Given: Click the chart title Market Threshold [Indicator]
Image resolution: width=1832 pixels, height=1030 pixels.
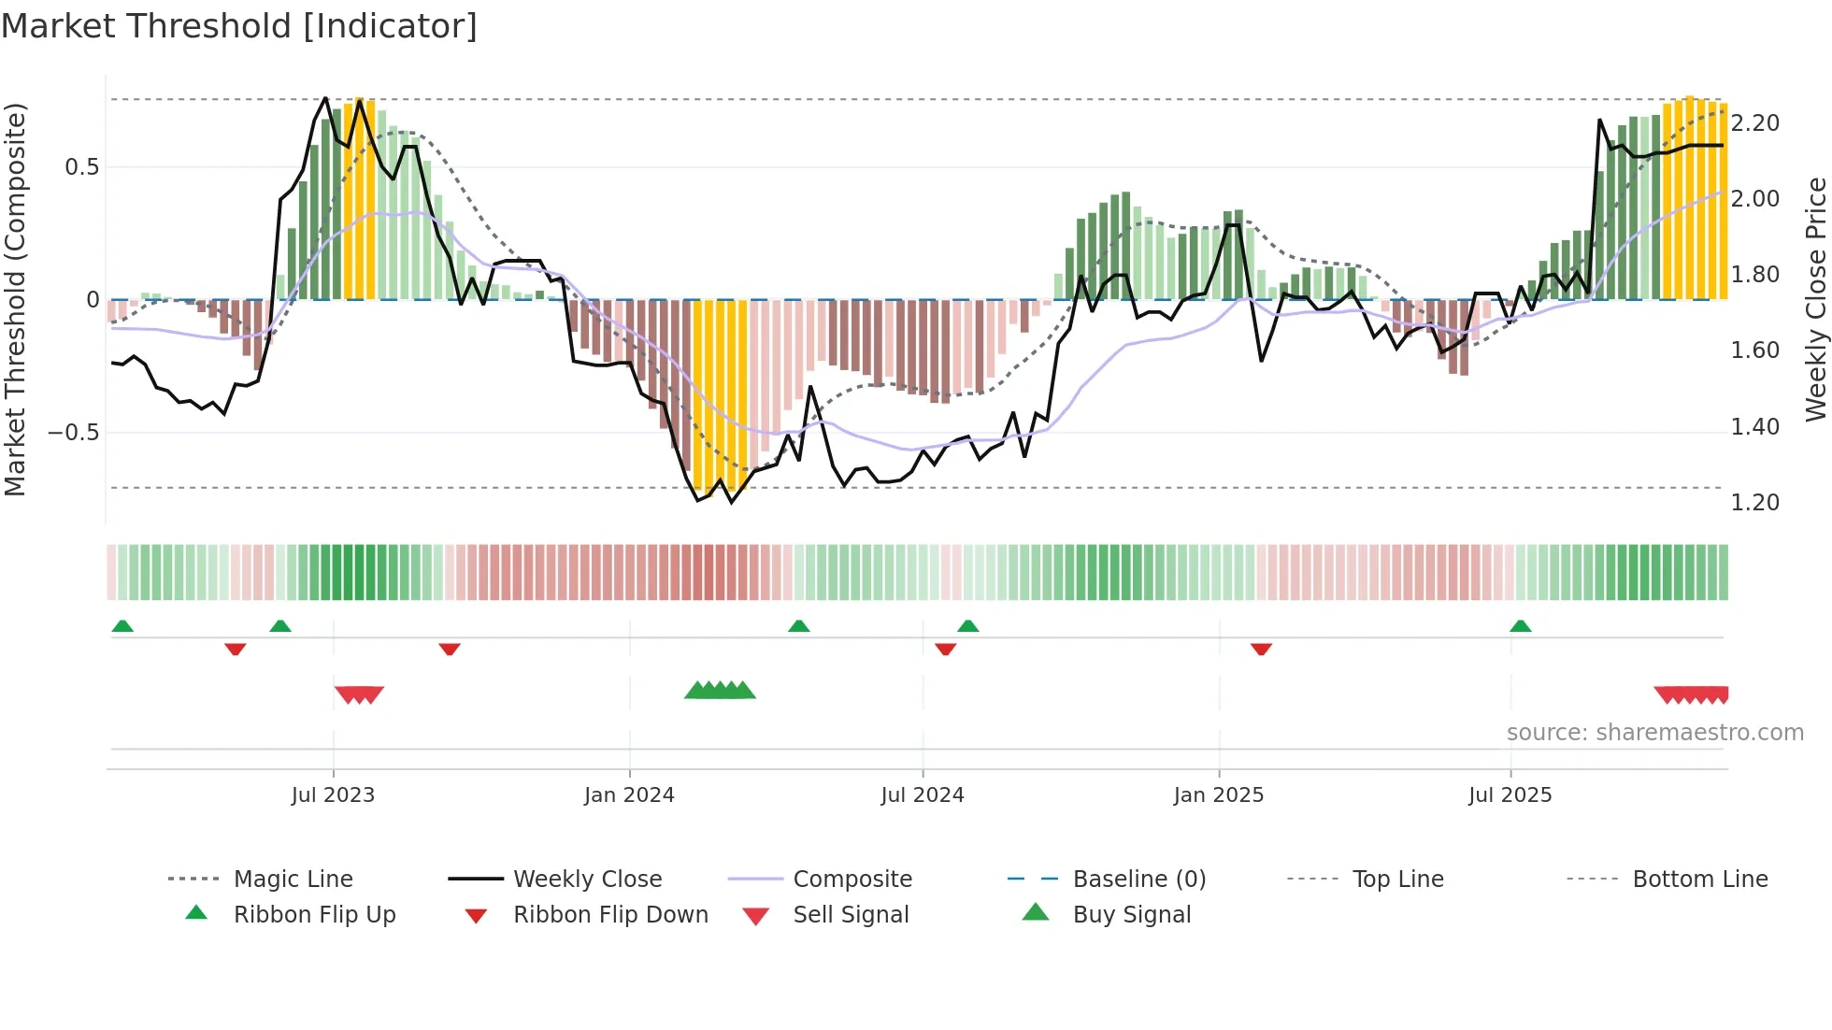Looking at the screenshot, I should (x=239, y=26).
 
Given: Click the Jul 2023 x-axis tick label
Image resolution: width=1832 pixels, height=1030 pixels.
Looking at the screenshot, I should (x=333, y=795).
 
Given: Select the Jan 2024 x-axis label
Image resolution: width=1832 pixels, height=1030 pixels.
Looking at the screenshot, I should (x=629, y=795).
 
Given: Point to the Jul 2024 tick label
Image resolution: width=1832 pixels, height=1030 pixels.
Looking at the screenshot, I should (x=923, y=795).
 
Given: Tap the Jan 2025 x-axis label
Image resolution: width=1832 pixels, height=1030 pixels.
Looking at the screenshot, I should (x=1219, y=795).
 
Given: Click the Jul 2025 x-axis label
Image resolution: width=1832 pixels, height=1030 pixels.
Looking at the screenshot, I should (x=1510, y=795).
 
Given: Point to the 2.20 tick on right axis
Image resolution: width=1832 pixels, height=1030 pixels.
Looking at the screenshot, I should (x=1754, y=123).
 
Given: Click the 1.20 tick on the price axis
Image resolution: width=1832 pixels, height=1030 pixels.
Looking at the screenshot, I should (x=1754, y=503).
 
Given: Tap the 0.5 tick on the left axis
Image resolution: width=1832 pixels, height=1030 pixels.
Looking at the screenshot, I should (x=81, y=167).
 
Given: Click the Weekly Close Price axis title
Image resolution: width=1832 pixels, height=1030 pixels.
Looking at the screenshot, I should (x=1815, y=299).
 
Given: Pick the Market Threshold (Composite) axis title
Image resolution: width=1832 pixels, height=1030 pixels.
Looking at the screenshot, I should (x=15, y=299).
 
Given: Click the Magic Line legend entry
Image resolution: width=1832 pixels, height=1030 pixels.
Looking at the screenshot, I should (x=293, y=880).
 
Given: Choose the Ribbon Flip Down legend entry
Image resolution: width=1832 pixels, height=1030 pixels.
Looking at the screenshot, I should (x=610, y=915).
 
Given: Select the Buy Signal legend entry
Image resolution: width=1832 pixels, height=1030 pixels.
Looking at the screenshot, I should (x=1131, y=915).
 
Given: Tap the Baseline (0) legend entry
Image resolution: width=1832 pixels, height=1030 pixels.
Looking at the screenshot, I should (x=1138, y=880).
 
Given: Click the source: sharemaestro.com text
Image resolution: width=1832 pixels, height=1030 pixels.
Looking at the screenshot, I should (x=1654, y=733).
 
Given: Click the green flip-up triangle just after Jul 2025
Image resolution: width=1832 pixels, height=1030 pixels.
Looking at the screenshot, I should (x=1521, y=626).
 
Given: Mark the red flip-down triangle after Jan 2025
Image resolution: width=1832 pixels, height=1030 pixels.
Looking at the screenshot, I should (x=1261, y=649).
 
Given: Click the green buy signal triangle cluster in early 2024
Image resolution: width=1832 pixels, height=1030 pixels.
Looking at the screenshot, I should (x=720, y=691).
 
